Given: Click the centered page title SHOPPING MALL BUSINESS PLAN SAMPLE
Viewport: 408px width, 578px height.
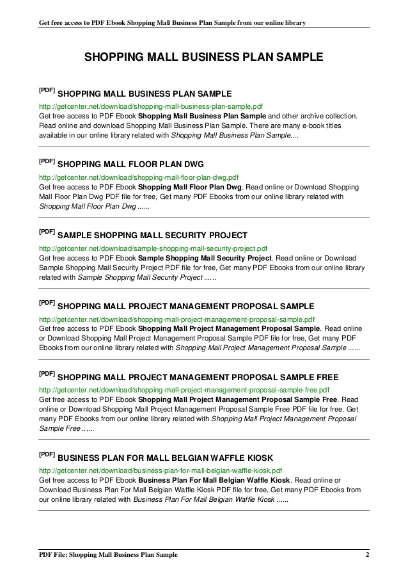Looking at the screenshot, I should (204, 58).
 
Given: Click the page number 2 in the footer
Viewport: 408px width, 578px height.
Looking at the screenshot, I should (368, 554).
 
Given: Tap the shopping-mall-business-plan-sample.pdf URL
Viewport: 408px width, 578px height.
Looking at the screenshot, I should (151, 106).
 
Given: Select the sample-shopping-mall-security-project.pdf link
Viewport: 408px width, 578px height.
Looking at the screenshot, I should (153, 248).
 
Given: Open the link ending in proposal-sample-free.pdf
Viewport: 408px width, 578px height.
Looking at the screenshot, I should (184, 390).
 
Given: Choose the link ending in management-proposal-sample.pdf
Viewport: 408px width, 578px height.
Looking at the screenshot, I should (177, 319).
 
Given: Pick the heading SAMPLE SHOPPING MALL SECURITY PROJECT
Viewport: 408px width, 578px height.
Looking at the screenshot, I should (152, 236).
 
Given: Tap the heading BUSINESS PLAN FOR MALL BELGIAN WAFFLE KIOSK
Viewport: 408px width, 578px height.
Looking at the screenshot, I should (165, 458).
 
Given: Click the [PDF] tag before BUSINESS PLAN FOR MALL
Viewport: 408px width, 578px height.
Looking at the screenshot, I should (47, 455).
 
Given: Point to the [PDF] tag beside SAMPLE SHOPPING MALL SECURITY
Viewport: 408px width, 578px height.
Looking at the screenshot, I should (47, 232).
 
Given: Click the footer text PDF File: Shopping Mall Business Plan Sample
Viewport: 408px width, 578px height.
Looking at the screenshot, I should (108, 554).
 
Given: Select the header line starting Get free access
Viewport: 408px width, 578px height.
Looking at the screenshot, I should (172, 22).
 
